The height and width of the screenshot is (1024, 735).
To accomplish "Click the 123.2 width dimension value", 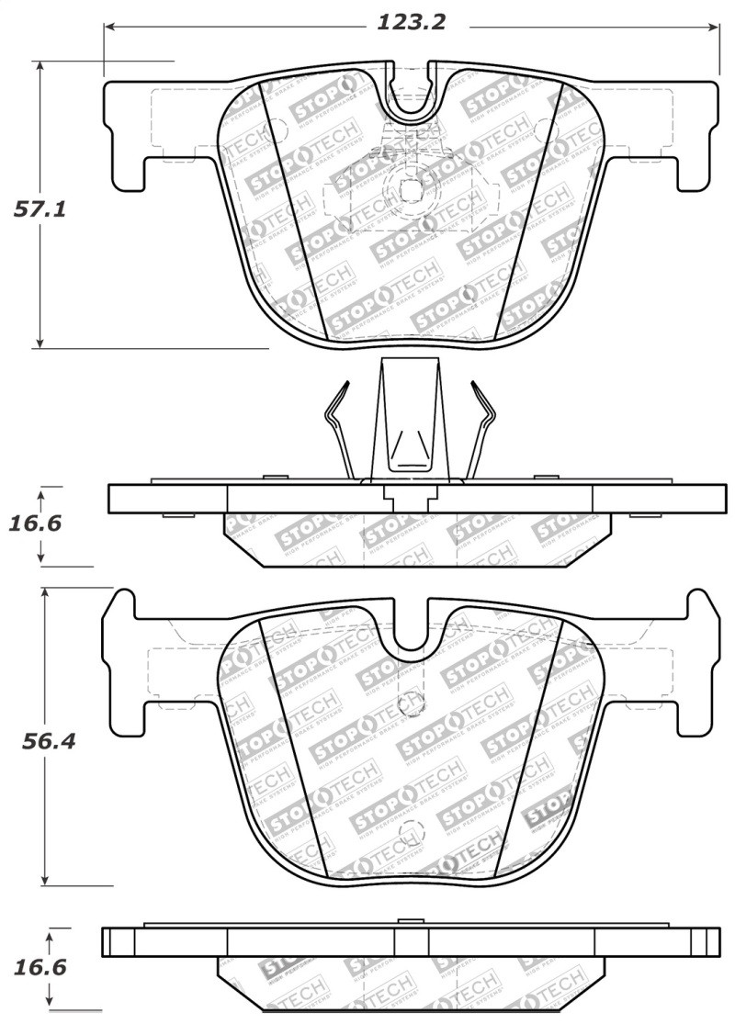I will coord(411,22).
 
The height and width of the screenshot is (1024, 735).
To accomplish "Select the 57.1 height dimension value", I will coord(39,209).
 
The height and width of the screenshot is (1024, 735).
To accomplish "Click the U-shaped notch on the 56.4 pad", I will coord(413,634).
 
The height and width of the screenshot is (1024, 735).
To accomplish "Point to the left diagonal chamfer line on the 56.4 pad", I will coord(294,744).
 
